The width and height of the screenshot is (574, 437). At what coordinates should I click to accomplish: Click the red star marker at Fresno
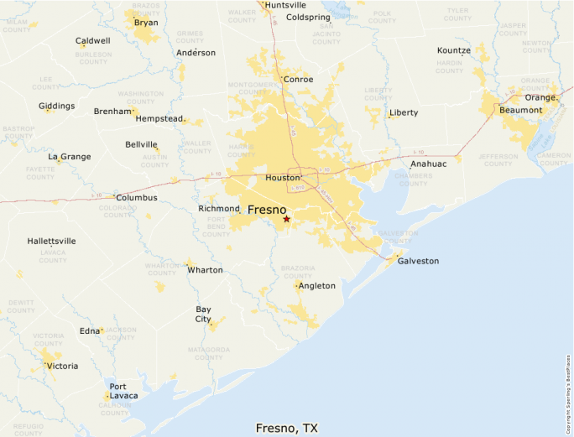coord(286,219)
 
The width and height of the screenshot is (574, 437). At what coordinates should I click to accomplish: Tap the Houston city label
coord(282,179)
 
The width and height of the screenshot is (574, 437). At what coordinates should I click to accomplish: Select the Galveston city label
coord(418,261)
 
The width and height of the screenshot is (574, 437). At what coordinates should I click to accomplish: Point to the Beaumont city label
coord(520,110)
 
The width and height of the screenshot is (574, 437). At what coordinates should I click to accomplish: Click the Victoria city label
coord(62,366)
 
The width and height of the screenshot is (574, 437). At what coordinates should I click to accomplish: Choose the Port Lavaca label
coord(123,391)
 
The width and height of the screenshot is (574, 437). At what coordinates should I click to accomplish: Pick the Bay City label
coord(203,314)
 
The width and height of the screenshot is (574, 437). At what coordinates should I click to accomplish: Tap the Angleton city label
coord(317,286)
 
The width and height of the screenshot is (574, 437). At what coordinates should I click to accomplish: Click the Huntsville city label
coord(285,5)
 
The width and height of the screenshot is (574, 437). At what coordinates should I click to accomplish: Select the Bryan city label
coord(146,23)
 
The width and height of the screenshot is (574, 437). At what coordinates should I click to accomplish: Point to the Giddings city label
coord(56,106)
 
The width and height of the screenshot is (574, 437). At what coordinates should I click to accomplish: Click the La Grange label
coord(69,156)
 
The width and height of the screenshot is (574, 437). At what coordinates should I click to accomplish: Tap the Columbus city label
coord(137,198)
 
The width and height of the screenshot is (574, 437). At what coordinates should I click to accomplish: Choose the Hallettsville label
coord(51,241)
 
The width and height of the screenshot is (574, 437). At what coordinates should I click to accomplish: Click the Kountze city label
coord(454,50)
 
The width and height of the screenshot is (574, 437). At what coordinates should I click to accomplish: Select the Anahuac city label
coord(428,164)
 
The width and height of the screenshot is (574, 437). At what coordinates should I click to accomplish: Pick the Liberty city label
coord(404,112)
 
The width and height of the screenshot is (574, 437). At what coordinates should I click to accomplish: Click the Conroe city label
coord(298,79)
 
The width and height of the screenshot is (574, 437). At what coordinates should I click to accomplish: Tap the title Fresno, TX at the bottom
coord(287,428)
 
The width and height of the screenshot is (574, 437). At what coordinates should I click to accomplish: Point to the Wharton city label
coord(205,270)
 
